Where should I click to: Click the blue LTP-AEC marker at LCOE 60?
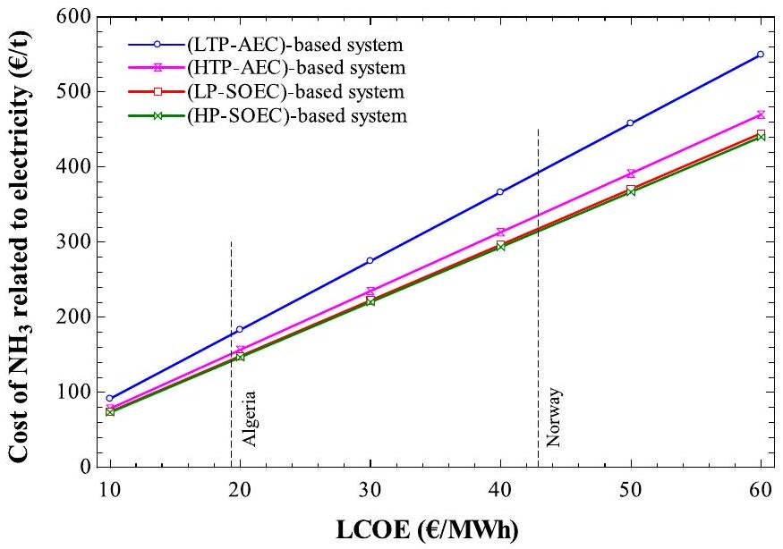[761, 55]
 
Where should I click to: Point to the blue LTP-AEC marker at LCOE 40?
[500, 192]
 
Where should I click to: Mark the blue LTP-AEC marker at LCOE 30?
[370, 260]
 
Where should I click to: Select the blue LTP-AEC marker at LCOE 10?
[109, 398]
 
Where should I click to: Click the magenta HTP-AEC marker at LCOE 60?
[761, 114]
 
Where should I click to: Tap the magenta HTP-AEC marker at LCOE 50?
[631, 173]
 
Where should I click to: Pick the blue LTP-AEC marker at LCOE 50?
[631, 123]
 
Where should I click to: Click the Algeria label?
[249, 418]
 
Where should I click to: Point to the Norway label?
[554, 417]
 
